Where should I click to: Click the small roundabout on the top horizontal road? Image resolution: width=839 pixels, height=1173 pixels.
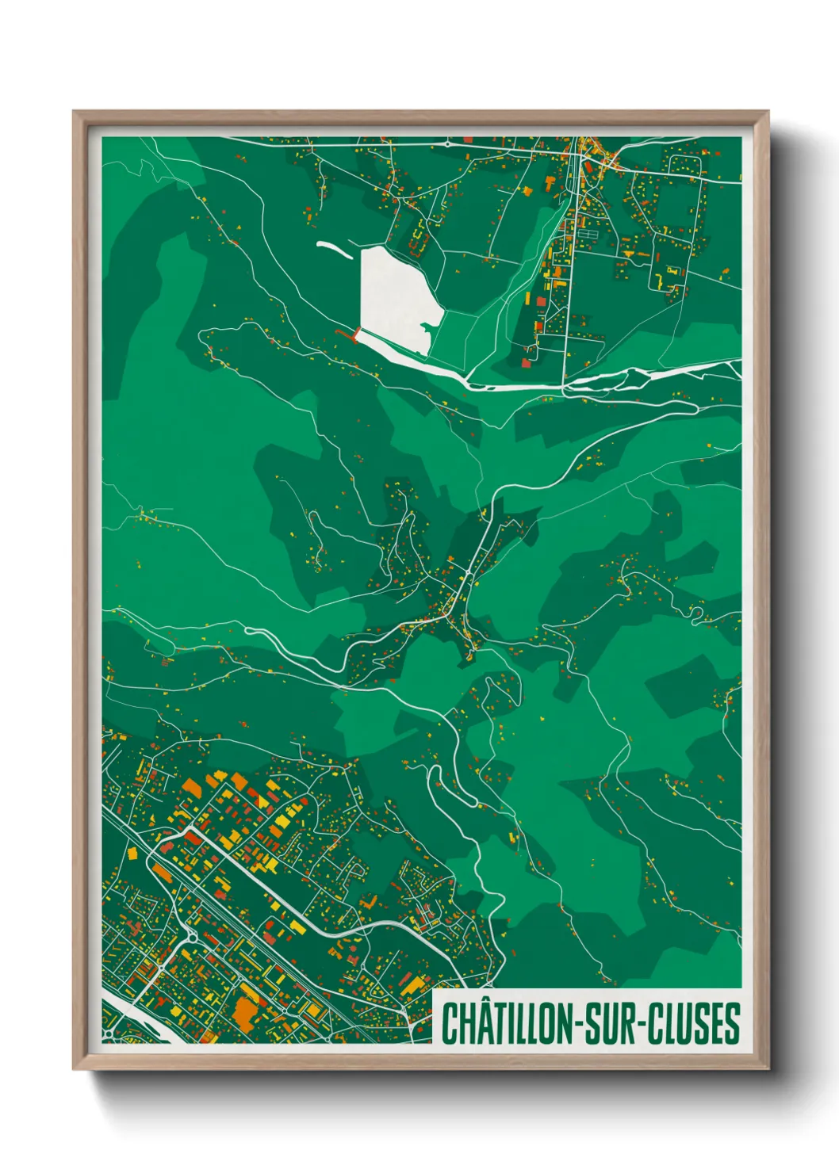448,144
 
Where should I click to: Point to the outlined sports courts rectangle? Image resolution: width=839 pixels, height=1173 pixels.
588,235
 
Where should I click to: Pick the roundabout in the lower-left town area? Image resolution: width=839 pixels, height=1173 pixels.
191,938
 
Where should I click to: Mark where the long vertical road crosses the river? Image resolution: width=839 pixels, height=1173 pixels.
564,386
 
